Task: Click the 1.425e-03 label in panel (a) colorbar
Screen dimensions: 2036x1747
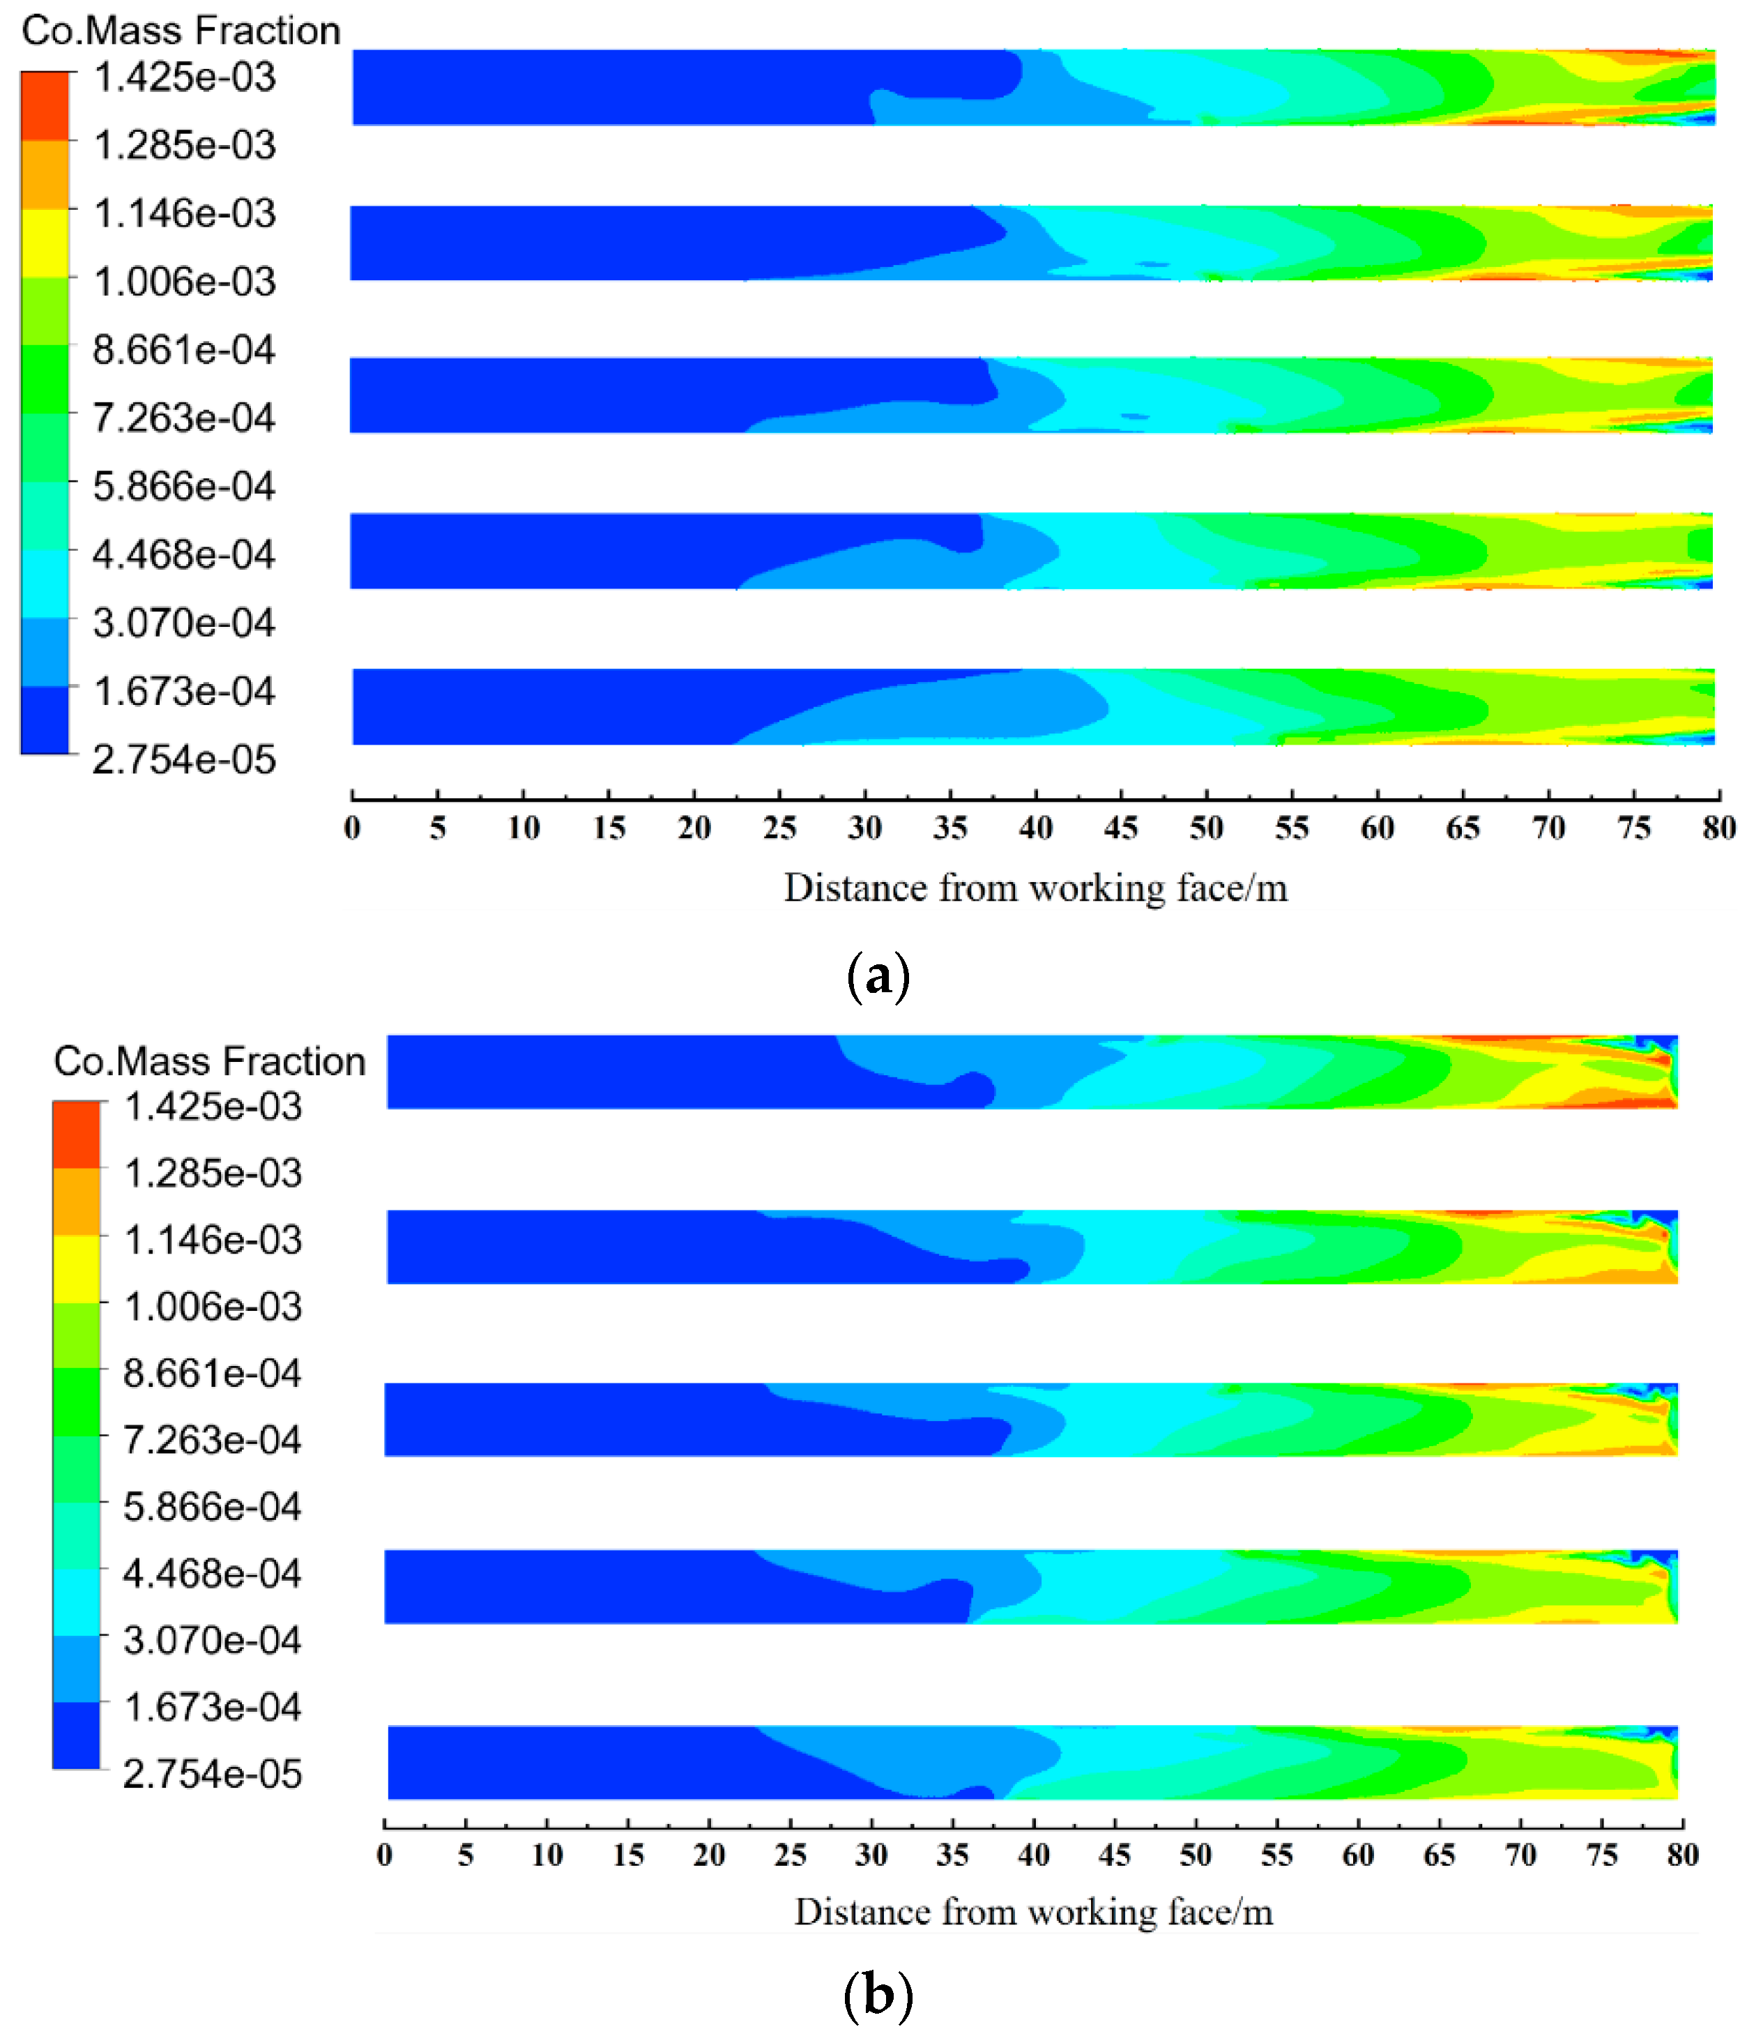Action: (185, 77)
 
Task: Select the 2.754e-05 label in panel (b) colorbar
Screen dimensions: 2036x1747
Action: (212, 1774)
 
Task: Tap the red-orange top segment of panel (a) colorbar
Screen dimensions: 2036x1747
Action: (45, 105)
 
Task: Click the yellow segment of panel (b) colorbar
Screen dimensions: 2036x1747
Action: (77, 1268)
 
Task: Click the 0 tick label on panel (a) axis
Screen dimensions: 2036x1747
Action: (352, 828)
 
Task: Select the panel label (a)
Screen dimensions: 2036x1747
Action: (878, 975)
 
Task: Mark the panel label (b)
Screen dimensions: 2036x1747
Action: (878, 1995)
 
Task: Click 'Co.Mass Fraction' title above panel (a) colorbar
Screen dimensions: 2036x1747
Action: (181, 31)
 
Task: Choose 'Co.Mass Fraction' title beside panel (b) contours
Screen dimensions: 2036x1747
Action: (209, 1061)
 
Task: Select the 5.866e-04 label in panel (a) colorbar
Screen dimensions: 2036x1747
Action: (184, 487)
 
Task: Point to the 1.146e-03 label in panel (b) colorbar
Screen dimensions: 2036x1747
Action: (212, 1240)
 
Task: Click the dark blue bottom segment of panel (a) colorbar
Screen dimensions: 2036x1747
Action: (45, 720)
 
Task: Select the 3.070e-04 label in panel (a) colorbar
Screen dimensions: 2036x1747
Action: (184, 623)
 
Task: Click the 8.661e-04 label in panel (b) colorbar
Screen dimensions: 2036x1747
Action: (212, 1374)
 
